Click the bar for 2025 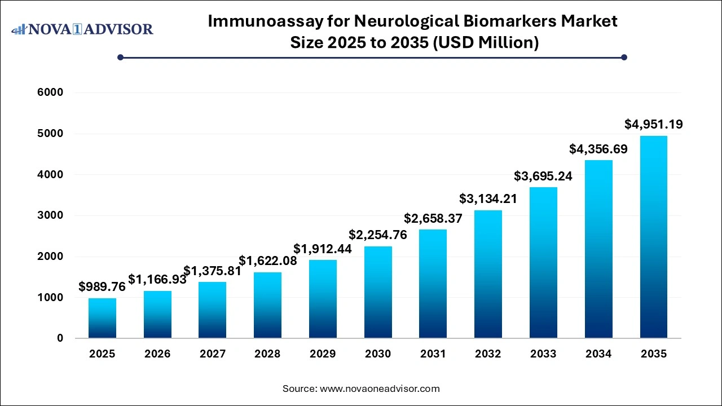102,319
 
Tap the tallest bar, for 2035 654,237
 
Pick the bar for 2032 488,274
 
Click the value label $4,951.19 654,124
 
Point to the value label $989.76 102,286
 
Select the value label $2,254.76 378,235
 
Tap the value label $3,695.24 543,176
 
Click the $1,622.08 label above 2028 268,261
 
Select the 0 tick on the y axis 60,338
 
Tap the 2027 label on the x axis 213,354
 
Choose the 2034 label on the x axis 598,354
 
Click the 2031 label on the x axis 433,354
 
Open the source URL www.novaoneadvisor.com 380,389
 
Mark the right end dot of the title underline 624,57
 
